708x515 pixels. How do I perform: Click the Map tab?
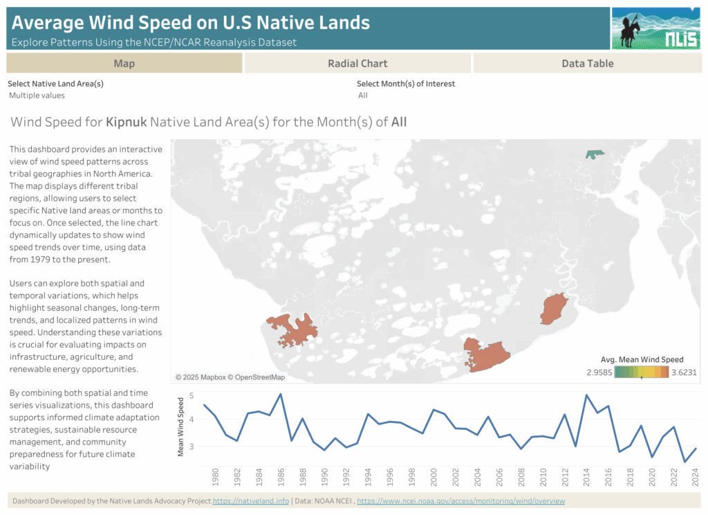click(124, 63)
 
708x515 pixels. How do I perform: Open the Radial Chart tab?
click(357, 63)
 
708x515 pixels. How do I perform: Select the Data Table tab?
click(588, 63)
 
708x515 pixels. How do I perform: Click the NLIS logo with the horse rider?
click(655, 28)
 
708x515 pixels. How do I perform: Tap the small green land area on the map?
click(594, 154)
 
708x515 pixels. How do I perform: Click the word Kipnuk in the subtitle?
click(127, 122)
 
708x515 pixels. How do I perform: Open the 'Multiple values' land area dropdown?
click(37, 96)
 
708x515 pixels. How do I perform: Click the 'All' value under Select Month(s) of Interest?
click(363, 96)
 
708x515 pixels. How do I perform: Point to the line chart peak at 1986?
click(281, 394)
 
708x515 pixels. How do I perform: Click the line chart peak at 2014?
click(586, 395)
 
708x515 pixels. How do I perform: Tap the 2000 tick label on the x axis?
click(434, 478)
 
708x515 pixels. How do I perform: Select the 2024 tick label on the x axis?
click(696, 478)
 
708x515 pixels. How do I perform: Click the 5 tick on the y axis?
click(192, 396)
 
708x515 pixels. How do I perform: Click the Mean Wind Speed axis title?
click(180, 427)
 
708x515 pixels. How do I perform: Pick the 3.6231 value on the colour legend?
click(684, 372)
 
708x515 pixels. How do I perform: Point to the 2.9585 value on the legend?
click(599, 372)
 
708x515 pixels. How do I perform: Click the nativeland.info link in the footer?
click(250, 501)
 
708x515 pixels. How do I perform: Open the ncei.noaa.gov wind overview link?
click(460, 501)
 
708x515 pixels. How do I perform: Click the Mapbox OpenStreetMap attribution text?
click(230, 377)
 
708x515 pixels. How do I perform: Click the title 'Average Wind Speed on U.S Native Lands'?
click(191, 23)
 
